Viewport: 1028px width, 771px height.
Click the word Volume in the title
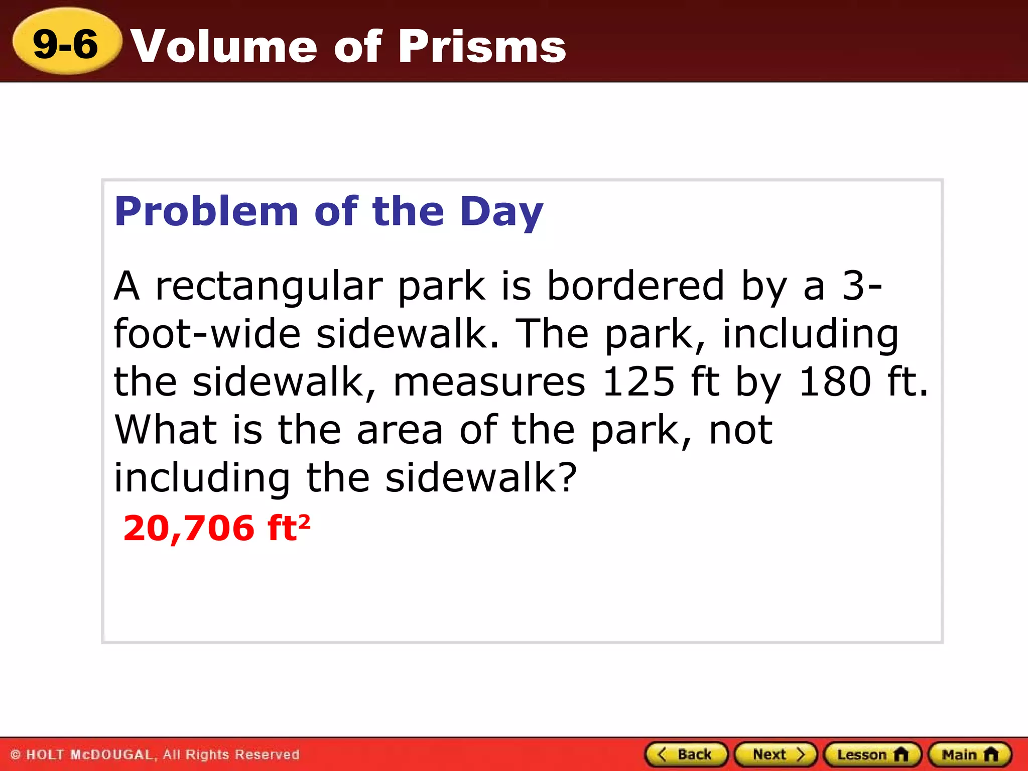[x=224, y=46]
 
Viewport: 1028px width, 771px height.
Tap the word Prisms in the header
[x=482, y=46]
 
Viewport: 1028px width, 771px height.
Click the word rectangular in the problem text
[x=269, y=287]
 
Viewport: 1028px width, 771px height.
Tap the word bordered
[x=635, y=286]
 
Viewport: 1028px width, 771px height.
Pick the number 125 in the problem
[x=638, y=382]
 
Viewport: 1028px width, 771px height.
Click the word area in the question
[x=400, y=430]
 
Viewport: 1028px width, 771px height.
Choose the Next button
[x=776, y=754]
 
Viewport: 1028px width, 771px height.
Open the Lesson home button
[x=872, y=754]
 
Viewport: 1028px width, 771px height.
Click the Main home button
[x=969, y=754]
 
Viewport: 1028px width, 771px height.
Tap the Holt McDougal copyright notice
[x=155, y=754]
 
